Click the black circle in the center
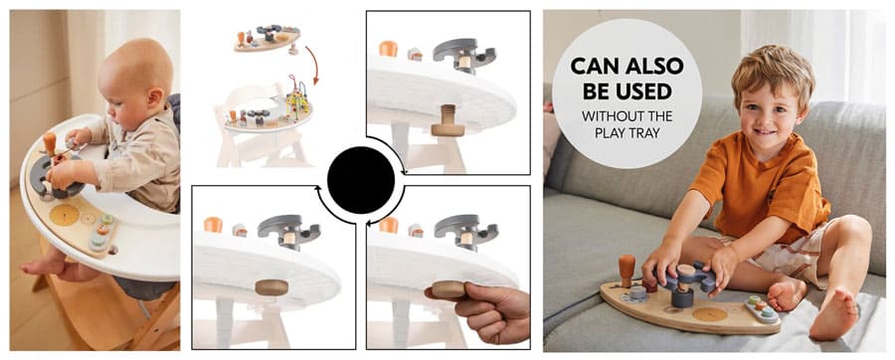point(361,180)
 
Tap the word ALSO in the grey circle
point(654,67)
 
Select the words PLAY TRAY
point(626,132)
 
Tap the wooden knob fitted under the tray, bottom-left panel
point(271,287)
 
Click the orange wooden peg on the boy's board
point(626,270)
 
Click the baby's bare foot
point(43,267)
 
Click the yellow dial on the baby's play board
point(64,215)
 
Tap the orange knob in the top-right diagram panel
point(388,49)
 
